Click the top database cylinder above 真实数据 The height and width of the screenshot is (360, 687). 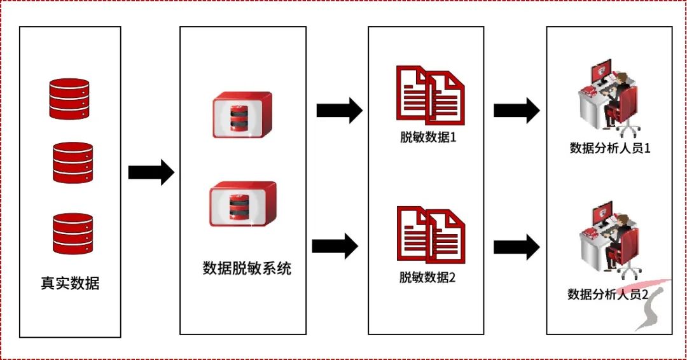[69, 99]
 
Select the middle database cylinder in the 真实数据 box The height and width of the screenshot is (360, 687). [72, 163]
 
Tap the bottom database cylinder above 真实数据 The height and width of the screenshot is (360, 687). [72, 233]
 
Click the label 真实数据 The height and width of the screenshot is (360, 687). [70, 283]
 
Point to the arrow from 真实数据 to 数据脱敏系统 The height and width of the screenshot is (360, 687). [151, 172]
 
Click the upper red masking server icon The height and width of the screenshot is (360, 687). [242, 115]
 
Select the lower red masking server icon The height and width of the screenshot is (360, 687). [242, 204]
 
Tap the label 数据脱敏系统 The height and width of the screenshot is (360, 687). [247, 268]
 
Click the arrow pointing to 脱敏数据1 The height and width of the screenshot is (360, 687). [339, 111]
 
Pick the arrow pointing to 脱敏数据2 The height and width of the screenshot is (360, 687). [335, 246]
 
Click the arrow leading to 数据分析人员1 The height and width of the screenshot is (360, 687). [517, 111]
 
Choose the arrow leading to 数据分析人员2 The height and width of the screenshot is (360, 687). [517, 246]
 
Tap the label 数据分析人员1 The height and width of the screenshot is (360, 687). [609, 149]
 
